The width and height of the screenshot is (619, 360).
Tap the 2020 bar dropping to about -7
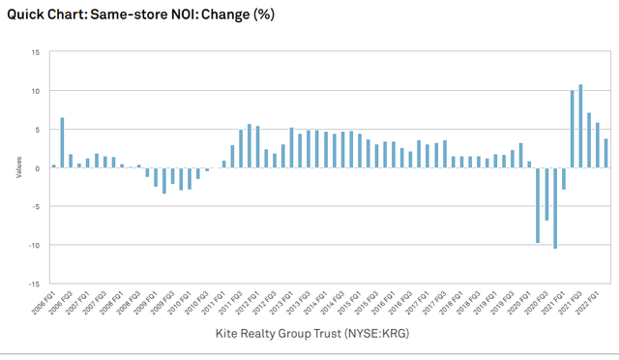pos(546,195)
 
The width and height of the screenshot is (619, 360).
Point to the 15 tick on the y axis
pos(35,52)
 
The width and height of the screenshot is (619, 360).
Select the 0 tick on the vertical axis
pos(37,168)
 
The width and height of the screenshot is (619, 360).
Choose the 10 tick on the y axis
pos(35,91)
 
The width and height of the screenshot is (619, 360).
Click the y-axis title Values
pos(15,168)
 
